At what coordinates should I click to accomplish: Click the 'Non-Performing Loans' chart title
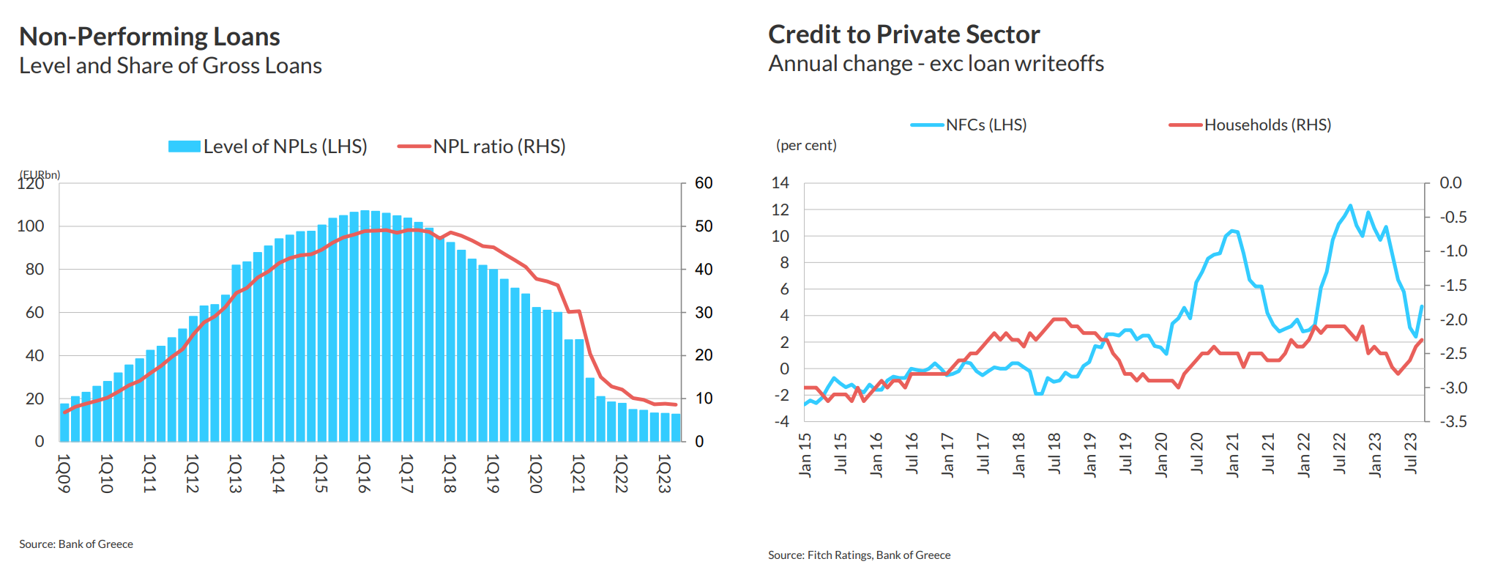tap(149, 37)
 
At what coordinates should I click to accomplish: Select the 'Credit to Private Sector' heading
tap(903, 34)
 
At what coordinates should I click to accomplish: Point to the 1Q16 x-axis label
tap(364, 473)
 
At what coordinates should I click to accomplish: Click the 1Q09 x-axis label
tap(64, 473)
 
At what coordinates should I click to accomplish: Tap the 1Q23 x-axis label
tap(664, 473)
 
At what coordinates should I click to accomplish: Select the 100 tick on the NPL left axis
tap(31, 226)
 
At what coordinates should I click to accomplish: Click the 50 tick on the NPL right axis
tap(704, 226)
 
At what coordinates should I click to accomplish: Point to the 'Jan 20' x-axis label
tap(1161, 455)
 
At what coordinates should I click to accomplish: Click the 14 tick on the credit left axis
tap(780, 183)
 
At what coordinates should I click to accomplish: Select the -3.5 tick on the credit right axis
tap(1453, 421)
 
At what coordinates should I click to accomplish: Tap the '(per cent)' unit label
tap(806, 146)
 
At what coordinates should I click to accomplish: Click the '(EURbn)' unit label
tap(40, 174)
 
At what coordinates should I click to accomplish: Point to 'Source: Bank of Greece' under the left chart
tap(76, 544)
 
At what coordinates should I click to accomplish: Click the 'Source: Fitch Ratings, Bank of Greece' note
tap(859, 555)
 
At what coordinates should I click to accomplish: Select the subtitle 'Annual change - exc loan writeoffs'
tap(936, 64)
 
